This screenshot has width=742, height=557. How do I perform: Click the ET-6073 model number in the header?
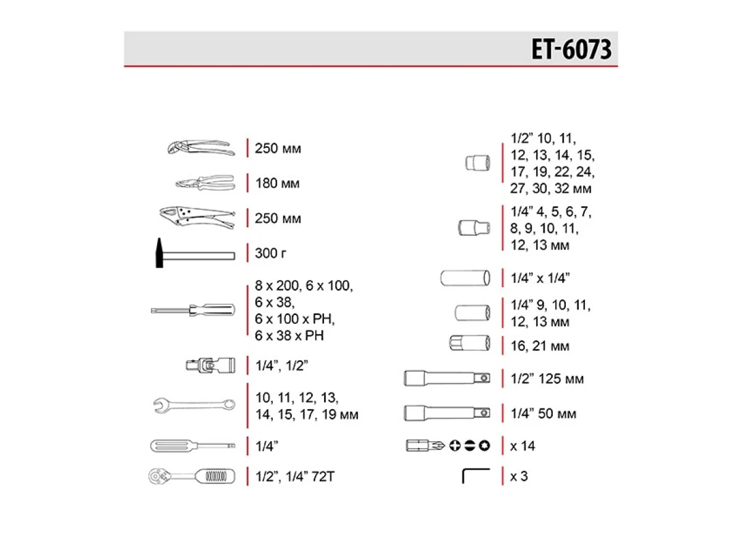pyautogui.click(x=571, y=50)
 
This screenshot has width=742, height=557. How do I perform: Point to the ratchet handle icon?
pyautogui.click(x=192, y=477)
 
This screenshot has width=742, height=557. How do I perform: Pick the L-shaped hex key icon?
pyautogui.click(x=475, y=476)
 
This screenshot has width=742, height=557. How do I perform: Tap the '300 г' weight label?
pyautogui.click(x=271, y=254)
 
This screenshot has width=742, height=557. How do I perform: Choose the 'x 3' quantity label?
pyautogui.click(x=519, y=477)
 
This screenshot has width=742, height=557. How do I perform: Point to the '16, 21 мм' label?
pyautogui.click(x=540, y=346)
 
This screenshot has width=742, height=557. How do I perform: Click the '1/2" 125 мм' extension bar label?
pyautogui.click(x=547, y=379)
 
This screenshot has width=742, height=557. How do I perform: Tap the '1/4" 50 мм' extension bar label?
pyautogui.click(x=544, y=413)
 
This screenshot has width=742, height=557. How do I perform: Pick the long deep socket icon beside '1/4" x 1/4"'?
pyautogui.click(x=466, y=278)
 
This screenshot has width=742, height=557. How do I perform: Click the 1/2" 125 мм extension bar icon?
pyautogui.click(x=448, y=378)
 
